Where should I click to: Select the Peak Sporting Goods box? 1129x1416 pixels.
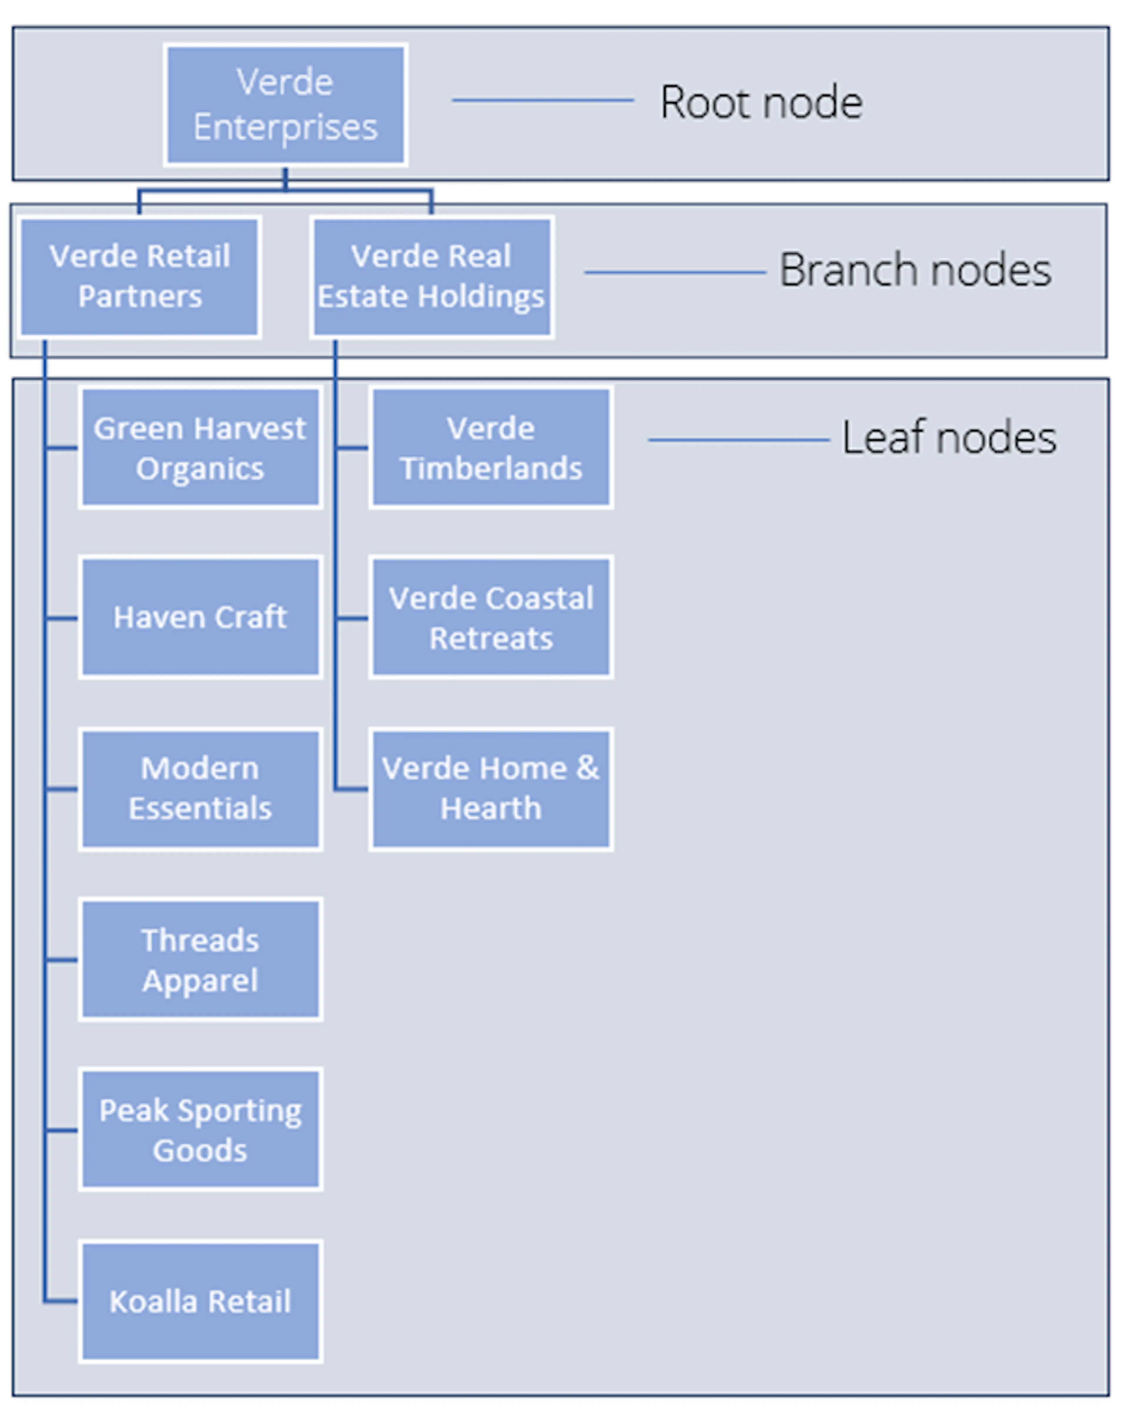pyautogui.click(x=200, y=1130)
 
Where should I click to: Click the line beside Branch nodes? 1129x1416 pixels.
pyautogui.click(x=675, y=272)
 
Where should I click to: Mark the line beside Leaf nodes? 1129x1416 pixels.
pyautogui.click(x=739, y=439)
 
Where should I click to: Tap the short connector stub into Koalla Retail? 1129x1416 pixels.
pyautogui.click(x=61, y=1300)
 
